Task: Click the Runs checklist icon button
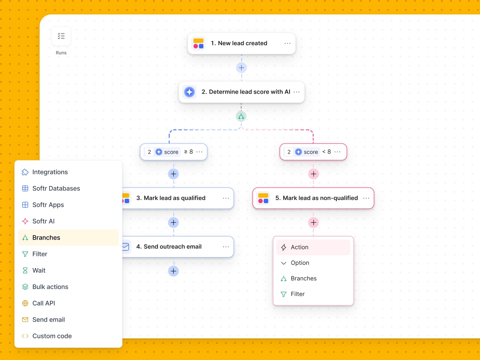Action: (x=61, y=36)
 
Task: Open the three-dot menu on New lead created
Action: (x=287, y=44)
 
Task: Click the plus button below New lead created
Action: (x=241, y=68)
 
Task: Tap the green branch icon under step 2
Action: (x=241, y=116)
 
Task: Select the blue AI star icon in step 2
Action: (x=189, y=92)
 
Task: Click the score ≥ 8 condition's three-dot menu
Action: (x=200, y=152)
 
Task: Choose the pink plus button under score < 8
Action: (x=313, y=174)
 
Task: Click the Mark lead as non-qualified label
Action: (x=316, y=198)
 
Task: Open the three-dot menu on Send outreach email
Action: (x=226, y=247)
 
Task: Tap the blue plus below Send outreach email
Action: (x=174, y=271)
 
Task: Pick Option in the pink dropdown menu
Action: (x=300, y=263)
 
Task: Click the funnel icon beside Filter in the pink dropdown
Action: (x=284, y=294)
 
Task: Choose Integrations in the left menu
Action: (x=50, y=172)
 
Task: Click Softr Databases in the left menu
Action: (x=56, y=188)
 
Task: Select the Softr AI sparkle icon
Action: (x=25, y=221)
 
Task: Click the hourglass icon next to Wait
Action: (x=25, y=270)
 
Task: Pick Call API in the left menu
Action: (x=44, y=303)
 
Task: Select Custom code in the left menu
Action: (x=52, y=336)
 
